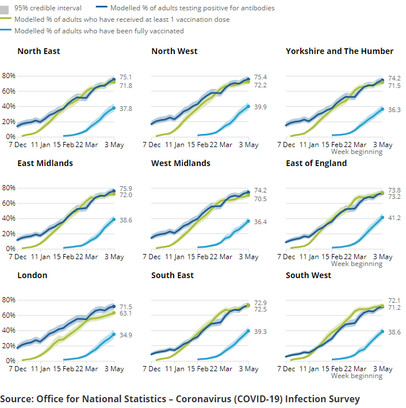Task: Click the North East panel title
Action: point(39,51)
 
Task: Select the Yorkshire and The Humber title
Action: point(339,51)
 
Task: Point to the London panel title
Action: point(32,275)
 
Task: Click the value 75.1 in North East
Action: point(126,77)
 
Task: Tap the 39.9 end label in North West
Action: point(260,107)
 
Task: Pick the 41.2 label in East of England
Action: point(394,218)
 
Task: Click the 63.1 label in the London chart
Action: point(126,314)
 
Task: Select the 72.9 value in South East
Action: point(260,302)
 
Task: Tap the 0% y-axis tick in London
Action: point(10,360)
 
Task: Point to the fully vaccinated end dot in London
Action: point(114,334)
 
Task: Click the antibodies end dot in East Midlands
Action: point(114,191)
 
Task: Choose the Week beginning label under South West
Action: point(357,376)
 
